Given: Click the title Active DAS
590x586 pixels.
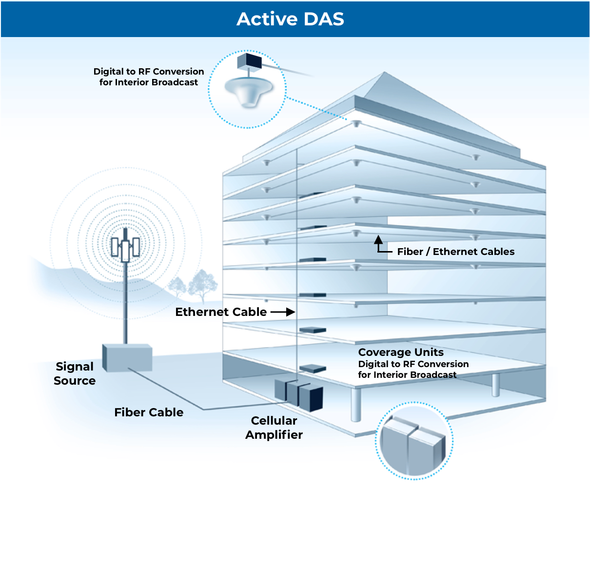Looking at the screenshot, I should tap(291, 19).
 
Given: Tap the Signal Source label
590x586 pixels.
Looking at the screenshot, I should tap(75, 373).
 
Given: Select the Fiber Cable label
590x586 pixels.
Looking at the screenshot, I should tap(149, 412).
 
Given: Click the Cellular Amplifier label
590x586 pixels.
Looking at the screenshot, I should tap(274, 428).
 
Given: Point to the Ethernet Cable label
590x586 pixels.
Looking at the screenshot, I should tap(221, 312).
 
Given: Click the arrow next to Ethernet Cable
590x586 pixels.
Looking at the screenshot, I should tap(283, 312).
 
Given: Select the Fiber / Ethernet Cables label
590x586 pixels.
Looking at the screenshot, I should tap(456, 252).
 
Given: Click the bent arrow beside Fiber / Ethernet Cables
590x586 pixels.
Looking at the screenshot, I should tap(380, 245).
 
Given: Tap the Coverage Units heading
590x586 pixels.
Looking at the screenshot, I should tap(401, 352).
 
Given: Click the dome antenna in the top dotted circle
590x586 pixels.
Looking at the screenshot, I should tap(249, 90).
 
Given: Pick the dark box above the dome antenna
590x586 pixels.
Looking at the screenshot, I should tap(250, 61).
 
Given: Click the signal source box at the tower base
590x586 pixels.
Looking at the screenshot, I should tap(127, 357).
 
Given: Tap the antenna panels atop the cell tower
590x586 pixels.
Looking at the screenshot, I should tap(125, 248).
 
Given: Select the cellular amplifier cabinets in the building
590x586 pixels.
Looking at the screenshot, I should tap(299, 394).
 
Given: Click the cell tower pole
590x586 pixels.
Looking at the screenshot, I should tap(125, 302).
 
